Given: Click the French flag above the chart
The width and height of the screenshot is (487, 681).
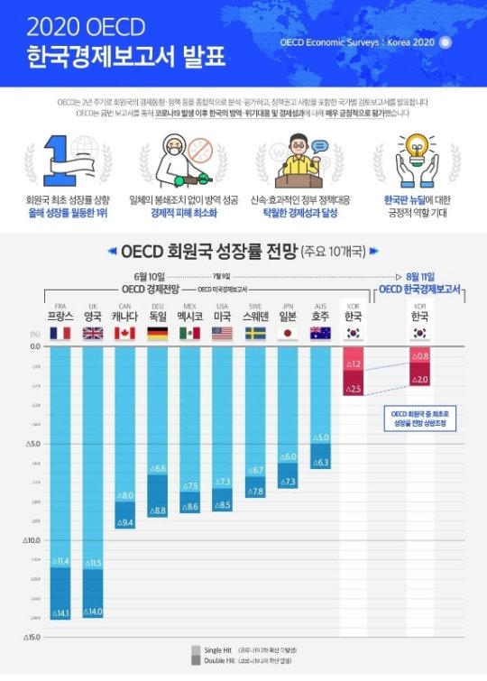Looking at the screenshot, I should click(60, 333).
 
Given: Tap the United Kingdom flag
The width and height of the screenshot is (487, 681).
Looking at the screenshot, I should click(93, 333).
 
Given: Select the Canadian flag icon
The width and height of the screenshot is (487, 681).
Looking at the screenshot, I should click(125, 333).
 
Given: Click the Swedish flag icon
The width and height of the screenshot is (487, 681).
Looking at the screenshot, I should click(255, 333).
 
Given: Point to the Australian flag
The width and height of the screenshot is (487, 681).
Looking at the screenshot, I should click(320, 333).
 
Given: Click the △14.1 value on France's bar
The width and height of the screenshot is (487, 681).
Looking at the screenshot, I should click(60, 614).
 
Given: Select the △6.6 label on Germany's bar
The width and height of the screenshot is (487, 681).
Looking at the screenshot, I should click(157, 469).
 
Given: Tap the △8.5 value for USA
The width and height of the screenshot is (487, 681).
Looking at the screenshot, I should click(222, 505).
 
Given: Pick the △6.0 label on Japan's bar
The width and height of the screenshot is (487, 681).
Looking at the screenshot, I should click(288, 457).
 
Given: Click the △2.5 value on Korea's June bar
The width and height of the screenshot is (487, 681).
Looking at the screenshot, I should click(353, 389).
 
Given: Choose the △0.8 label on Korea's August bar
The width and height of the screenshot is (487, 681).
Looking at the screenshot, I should click(419, 357).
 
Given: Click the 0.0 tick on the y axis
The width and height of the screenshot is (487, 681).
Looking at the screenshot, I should click(34, 346).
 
